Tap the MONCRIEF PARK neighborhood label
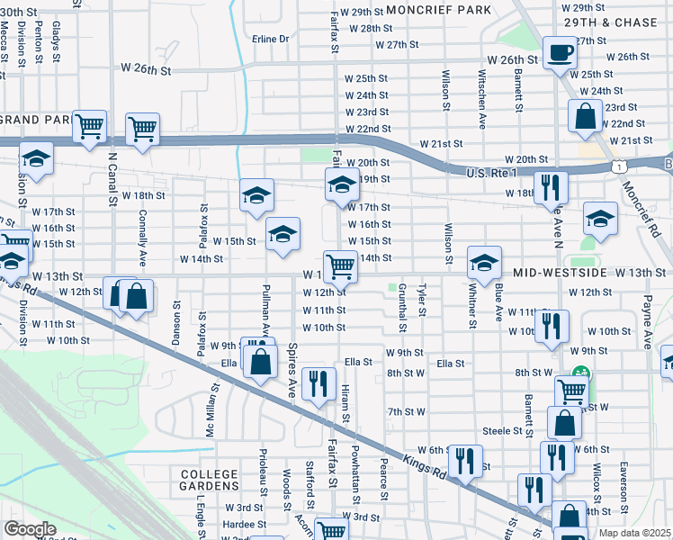click(438, 10)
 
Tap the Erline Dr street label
click(270, 39)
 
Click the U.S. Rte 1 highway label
click(491, 171)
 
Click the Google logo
click(30, 529)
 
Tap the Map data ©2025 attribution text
click(635, 533)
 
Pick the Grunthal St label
click(402, 304)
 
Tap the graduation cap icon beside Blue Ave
click(484, 262)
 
